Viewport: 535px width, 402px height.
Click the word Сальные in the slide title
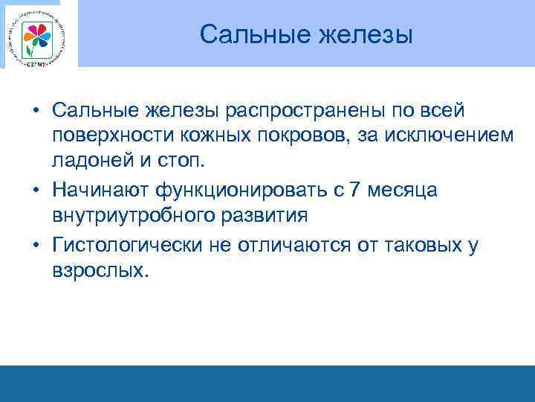246,34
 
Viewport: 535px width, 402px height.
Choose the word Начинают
100,191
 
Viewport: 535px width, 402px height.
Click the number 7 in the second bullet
355,191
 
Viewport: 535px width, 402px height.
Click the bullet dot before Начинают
36,191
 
